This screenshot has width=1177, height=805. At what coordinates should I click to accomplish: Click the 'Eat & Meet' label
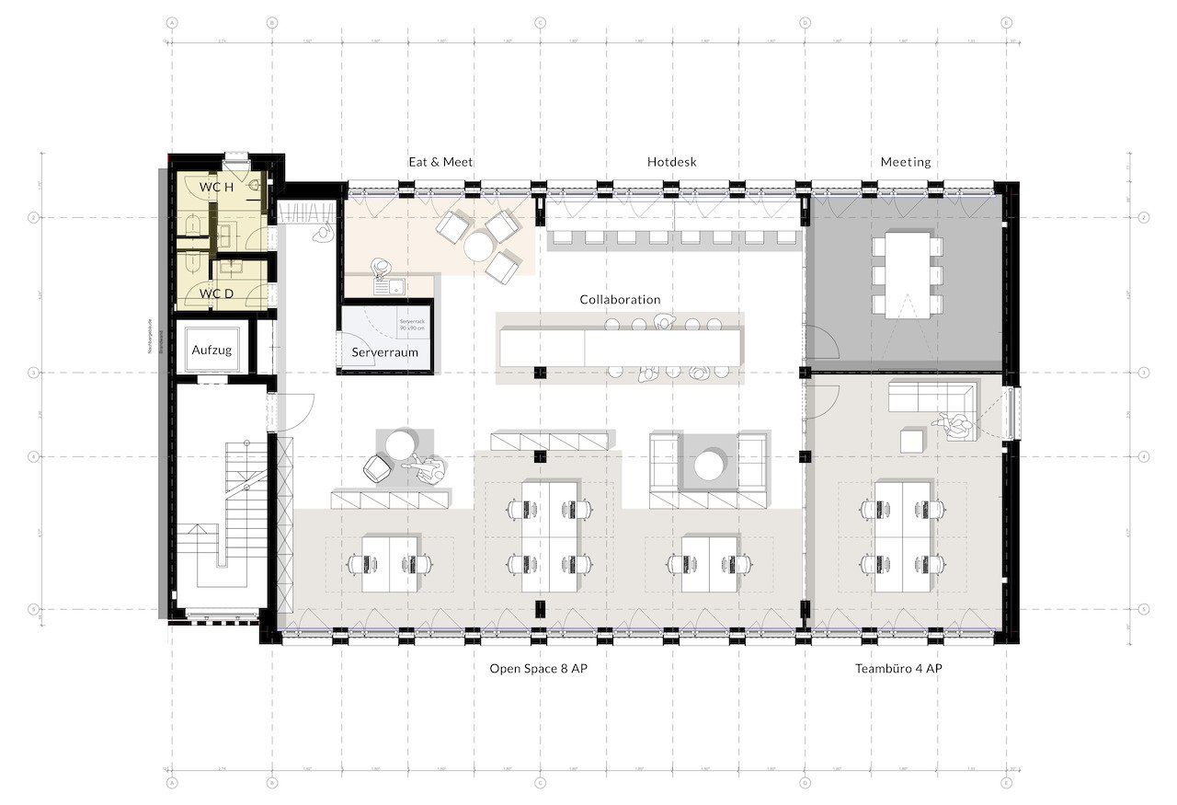click(x=440, y=162)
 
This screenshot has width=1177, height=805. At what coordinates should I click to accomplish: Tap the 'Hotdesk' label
click(x=671, y=162)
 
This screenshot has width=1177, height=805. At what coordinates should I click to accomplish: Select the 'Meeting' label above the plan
click(x=906, y=162)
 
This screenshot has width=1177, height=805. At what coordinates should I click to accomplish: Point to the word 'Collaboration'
click(x=620, y=300)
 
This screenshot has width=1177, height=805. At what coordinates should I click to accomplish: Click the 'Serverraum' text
click(x=384, y=352)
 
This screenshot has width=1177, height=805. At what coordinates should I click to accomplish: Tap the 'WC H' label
click(x=216, y=187)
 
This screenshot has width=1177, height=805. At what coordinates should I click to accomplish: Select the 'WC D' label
click(x=216, y=293)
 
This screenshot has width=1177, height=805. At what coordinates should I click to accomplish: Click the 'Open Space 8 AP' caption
click(x=538, y=669)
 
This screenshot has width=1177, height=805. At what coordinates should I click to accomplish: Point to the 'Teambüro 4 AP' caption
click(x=897, y=669)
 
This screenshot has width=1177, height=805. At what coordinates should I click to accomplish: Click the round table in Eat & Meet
click(x=478, y=247)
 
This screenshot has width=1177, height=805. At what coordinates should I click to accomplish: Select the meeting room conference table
click(x=908, y=274)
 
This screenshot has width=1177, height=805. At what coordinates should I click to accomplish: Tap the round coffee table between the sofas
click(x=708, y=464)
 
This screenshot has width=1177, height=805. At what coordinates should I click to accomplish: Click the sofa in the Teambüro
click(x=929, y=398)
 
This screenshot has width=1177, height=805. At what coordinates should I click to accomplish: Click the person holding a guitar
click(x=429, y=469)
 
